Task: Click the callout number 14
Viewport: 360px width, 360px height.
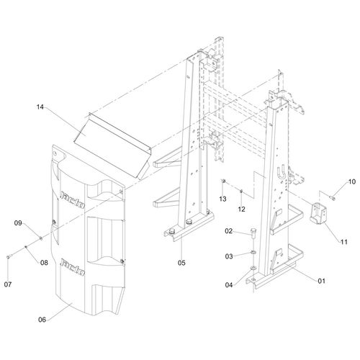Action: (40, 107)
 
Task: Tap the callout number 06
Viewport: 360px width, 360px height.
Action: (42, 320)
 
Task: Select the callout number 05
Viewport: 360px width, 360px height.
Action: (181, 263)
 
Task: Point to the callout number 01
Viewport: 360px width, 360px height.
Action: (321, 281)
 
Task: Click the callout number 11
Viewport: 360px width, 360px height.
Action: (344, 242)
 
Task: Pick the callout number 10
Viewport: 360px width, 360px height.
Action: (351, 181)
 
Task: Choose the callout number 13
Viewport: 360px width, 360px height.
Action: (222, 199)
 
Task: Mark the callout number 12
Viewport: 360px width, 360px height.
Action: (241, 210)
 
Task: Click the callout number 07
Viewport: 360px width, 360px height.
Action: (8, 284)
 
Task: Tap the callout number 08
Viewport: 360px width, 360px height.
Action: (44, 263)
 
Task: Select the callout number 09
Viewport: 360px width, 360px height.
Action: (18, 223)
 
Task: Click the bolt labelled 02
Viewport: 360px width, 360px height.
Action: (253, 233)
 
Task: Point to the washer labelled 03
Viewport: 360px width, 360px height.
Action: (253, 253)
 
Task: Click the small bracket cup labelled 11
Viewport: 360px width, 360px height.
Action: (318, 212)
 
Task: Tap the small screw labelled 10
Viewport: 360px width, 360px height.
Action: (332, 198)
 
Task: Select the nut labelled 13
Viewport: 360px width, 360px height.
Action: (223, 181)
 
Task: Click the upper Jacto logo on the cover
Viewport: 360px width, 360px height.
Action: (73, 199)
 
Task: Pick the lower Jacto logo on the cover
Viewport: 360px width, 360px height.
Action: (73, 266)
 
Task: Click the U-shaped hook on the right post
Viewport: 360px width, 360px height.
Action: (282, 171)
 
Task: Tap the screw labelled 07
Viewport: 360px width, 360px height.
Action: (9, 257)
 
